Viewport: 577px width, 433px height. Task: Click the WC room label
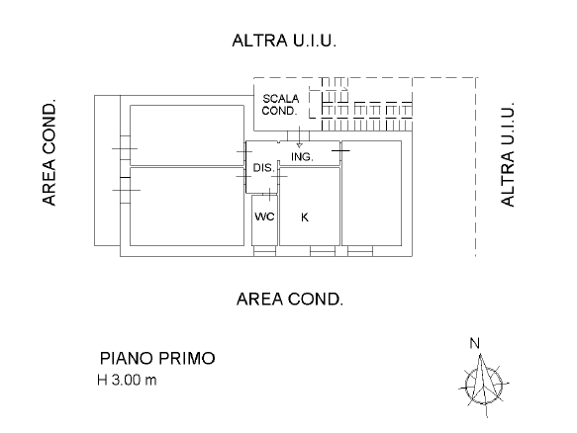(x=264, y=216)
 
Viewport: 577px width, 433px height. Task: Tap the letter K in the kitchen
(x=305, y=217)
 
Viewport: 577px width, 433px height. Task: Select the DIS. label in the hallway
(x=264, y=168)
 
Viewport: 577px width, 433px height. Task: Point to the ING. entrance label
(x=302, y=157)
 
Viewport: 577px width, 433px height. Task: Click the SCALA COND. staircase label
(x=280, y=105)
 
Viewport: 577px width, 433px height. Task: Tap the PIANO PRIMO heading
(x=157, y=359)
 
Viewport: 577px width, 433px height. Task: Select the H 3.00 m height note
(x=127, y=380)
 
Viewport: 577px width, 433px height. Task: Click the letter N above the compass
(x=475, y=343)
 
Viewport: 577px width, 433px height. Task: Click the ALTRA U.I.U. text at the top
(x=284, y=41)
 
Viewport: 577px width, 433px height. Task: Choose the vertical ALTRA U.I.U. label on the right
(x=508, y=154)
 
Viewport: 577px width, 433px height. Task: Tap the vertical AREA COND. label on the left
(x=49, y=152)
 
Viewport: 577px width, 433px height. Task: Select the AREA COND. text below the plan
(x=290, y=300)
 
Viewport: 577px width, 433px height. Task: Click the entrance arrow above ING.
(x=300, y=136)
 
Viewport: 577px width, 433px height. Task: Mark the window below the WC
(x=264, y=251)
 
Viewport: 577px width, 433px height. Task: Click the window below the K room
(x=323, y=251)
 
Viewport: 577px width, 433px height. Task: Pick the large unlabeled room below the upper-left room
(x=187, y=207)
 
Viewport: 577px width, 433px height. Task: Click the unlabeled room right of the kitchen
(x=372, y=193)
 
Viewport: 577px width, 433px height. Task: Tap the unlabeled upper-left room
(x=187, y=135)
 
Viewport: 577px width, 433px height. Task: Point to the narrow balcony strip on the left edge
(x=107, y=171)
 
